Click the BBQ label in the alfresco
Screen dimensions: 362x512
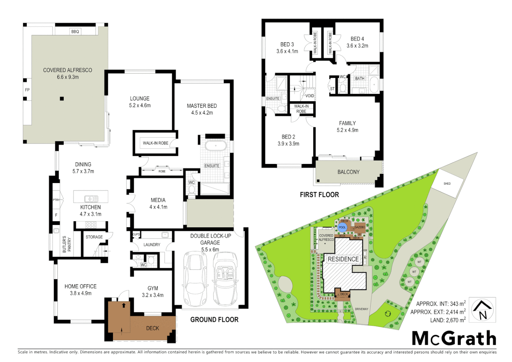point(75,32)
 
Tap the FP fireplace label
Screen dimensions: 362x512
point(27,90)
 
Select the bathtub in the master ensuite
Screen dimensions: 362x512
point(215,146)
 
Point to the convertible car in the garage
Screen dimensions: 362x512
point(225,279)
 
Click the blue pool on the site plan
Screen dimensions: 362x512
point(342,228)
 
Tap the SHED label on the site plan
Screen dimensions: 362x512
point(447,184)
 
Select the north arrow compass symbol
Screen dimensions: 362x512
point(482,310)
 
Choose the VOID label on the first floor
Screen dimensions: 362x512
point(310,96)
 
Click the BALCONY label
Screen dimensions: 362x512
point(348,172)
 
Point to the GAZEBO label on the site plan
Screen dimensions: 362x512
point(360,227)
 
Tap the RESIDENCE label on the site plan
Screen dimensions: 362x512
point(343,259)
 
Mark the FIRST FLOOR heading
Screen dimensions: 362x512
point(319,195)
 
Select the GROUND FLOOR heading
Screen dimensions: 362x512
point(214,320)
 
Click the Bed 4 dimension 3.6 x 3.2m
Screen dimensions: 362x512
point(357,46)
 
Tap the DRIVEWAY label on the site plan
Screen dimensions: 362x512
point(362,309)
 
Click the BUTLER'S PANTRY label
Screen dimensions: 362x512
point(67,244)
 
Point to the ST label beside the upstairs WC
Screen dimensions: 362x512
point(332,89)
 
